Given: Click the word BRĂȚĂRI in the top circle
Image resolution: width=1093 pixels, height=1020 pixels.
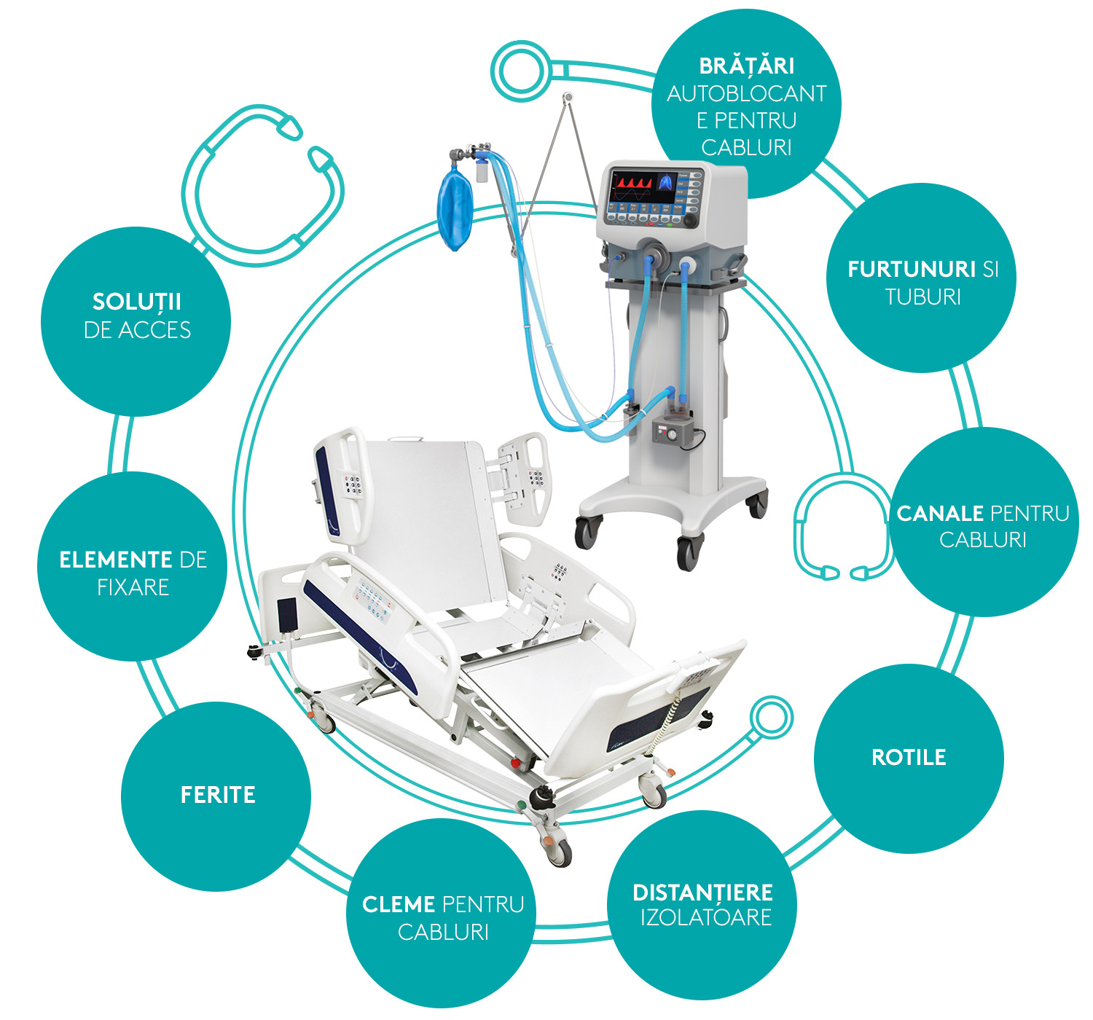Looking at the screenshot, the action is [746, 66].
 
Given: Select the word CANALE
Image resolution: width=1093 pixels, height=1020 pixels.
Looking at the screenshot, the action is [939, 514].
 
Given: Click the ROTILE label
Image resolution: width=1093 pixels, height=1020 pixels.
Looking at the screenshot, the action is [909, 758].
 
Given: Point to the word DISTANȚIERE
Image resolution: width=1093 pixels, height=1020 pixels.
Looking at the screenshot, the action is [703, 892].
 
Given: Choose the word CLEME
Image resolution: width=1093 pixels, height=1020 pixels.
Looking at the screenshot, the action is [399, 905].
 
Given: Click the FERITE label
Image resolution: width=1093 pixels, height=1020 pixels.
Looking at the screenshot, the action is [218, 795].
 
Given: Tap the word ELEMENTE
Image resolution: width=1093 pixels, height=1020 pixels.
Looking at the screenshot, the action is [116, 560].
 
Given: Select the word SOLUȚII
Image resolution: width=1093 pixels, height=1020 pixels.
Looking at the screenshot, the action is [136, 302].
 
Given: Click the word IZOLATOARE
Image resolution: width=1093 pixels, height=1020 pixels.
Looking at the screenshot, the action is [705, 917].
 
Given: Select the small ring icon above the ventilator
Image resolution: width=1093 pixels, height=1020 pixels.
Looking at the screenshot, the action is [520, 71].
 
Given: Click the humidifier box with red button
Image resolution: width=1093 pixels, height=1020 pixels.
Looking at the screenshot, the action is [670, 431].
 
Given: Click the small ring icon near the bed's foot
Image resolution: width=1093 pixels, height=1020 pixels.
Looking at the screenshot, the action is [771, 717].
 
